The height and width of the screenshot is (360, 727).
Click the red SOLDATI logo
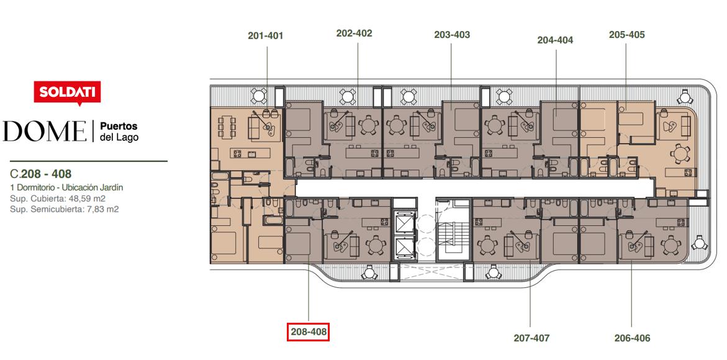[x=67, y=93]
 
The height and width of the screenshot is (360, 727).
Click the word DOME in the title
[x=45, y=131]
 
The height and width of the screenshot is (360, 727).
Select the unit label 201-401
[x=265, y=35]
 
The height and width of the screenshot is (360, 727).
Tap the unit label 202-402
[x=354, y=34]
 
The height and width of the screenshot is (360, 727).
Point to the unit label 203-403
[x=452, y=35]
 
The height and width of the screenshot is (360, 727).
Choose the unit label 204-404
[x=556, y=40]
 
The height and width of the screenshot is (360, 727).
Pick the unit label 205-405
[x=627, y=35]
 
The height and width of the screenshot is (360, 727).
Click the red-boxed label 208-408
[x=309, y=331]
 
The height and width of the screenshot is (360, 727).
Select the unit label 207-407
[x=531, y=338]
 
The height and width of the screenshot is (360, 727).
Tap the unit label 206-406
[x=633, y=338]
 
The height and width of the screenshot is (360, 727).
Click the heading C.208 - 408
[x=41, y=174]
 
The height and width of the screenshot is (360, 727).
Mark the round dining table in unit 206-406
[x=669, y=245]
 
